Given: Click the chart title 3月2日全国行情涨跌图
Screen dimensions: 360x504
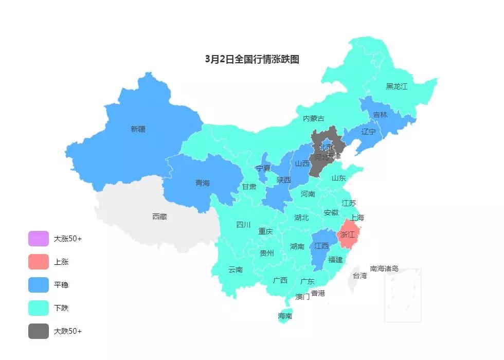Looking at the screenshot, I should [x=252, y=59].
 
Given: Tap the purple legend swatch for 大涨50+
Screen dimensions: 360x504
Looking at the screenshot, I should [x=39, y=239].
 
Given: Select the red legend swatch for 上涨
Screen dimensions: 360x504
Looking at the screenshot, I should [x=39, y=262].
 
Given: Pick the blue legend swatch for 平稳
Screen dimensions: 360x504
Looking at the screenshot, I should [x=39, y=285].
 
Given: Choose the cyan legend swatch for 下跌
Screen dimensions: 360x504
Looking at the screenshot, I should [x=39, y=308].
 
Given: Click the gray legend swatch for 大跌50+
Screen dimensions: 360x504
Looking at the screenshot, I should [x=39, y=331].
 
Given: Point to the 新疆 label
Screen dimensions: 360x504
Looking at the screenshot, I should [x=138, y=129].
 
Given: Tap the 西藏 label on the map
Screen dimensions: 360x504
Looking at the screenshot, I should [x=159, y=217].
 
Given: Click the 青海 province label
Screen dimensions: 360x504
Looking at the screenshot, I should [x=203, y=183].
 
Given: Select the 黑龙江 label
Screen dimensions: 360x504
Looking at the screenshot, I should [x=397, y=86].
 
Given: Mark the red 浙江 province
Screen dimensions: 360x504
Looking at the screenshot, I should [x=348, y=235].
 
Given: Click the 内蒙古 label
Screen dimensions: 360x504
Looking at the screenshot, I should [x=314, y=119].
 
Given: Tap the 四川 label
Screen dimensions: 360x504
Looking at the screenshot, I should [x=243, y=225].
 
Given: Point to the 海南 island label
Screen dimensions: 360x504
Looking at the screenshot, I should [x=285, y=316].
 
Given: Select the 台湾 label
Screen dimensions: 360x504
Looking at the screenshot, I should [x=359, y=276].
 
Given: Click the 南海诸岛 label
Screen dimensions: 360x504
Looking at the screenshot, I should [x=384, y=268].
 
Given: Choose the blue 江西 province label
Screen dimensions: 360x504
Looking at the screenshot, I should [x=321, y=246].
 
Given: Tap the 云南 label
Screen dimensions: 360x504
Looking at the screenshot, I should [x=236, y=269].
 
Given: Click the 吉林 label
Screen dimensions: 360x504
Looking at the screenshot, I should [x=380, y=115].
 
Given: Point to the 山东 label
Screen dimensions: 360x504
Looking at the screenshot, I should [x=338, y=178].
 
